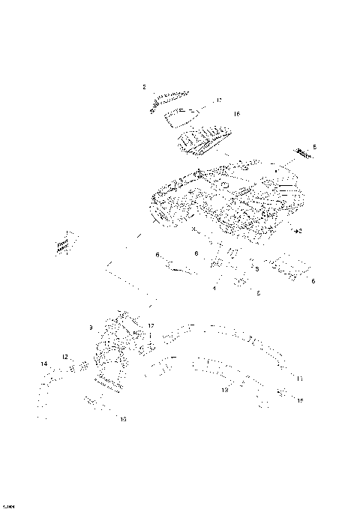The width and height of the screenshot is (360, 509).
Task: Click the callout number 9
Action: coord(91,328)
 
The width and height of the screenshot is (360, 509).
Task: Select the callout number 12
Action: coord(64,356)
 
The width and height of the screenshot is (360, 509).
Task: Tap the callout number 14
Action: coord(43,364)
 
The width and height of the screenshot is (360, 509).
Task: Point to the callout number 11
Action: coord(299,379)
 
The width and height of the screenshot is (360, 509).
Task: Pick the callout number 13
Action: coord(224,391)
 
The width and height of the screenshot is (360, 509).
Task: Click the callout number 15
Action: coord(300,401)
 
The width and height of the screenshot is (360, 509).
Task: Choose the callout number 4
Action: coord(214,288)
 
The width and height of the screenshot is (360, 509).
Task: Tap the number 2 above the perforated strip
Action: coord(144,88)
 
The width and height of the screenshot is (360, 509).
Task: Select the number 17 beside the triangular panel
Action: coord(219,100)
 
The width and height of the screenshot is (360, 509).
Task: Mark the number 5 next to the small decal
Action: coord(314,147)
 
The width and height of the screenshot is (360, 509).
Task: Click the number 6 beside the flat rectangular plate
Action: coord(313,280)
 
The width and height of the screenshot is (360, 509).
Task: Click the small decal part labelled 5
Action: coord(304,153)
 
